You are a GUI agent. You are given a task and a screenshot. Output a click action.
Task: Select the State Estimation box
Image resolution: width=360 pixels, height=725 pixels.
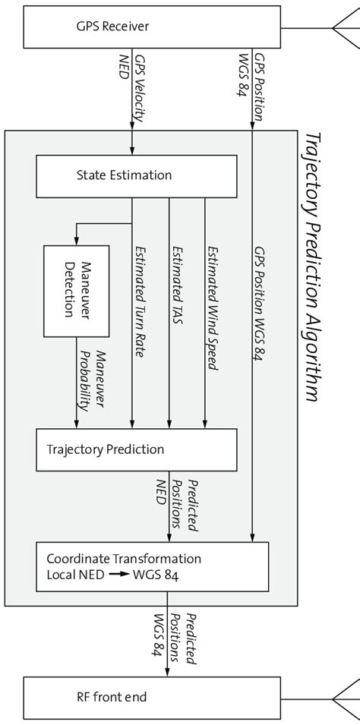pyautogui.click(x=152, y=176)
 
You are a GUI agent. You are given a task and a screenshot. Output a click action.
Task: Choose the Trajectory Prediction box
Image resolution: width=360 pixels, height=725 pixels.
pyautogui.click(x=152, y=449)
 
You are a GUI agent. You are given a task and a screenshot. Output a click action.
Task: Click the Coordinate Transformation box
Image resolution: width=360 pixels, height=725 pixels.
pyautogui.click(x=152, y=566)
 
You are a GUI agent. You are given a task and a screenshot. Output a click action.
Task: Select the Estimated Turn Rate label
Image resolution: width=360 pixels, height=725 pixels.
pyautogui.click(x=141, y=304)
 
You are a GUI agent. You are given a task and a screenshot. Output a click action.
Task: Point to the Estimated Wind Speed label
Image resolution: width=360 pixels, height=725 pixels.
pyautogui.click(x=213, y=307)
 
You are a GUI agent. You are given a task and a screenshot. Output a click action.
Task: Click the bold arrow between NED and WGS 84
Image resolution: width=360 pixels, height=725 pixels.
pyautogui.click(x=119, y=575)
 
